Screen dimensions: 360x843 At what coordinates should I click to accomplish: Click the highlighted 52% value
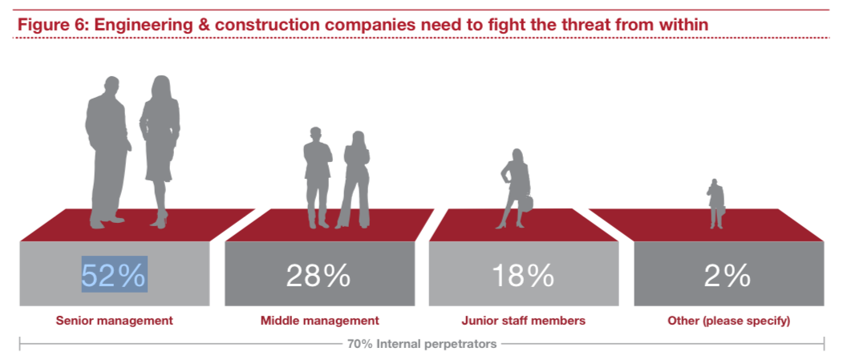tap(114, 275)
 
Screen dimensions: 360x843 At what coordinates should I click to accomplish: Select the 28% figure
tap(318, 275)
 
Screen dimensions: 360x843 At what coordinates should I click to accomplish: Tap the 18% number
tap(523, 275)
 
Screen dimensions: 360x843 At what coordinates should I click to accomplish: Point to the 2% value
tap(728, 275)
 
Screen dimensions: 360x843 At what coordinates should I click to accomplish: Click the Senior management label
tap(114, 321)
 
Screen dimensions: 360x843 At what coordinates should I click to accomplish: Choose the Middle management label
tap(319, 321)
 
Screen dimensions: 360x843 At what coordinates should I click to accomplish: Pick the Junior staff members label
tap(523, 321)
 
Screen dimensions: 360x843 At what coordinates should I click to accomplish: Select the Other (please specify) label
tap(728, 321)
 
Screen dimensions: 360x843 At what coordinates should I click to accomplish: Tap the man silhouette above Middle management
tap(317, 176)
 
